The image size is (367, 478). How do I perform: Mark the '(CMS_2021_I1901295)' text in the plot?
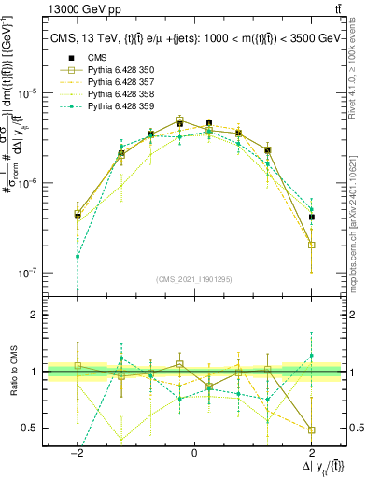pyautogui.click(x=193, y=279)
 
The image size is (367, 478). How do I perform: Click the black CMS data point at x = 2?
pyautogui.click(x=311, y=217)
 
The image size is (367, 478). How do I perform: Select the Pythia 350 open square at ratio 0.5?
pyautogui.click(x=311, y=430)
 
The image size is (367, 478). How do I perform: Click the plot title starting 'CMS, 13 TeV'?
pyautogui.click(x=194, y=38)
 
